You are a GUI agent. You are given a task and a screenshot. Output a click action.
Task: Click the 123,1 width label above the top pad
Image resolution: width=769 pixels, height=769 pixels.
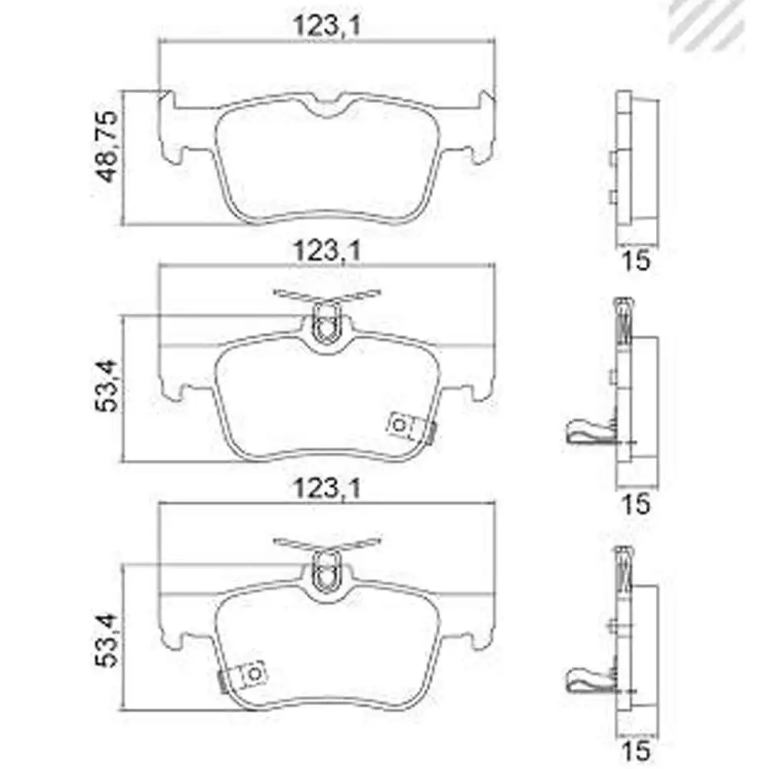[327, 26]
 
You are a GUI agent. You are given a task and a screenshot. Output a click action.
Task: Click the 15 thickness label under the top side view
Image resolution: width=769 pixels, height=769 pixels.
[637, 259]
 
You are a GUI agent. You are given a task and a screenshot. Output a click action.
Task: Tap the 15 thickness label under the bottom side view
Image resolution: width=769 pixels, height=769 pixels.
[637, 750]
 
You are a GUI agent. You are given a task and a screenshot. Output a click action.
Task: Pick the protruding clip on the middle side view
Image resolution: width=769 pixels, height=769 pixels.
[588, 432]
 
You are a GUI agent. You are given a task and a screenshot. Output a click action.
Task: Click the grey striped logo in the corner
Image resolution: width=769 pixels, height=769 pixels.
[711, 23]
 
